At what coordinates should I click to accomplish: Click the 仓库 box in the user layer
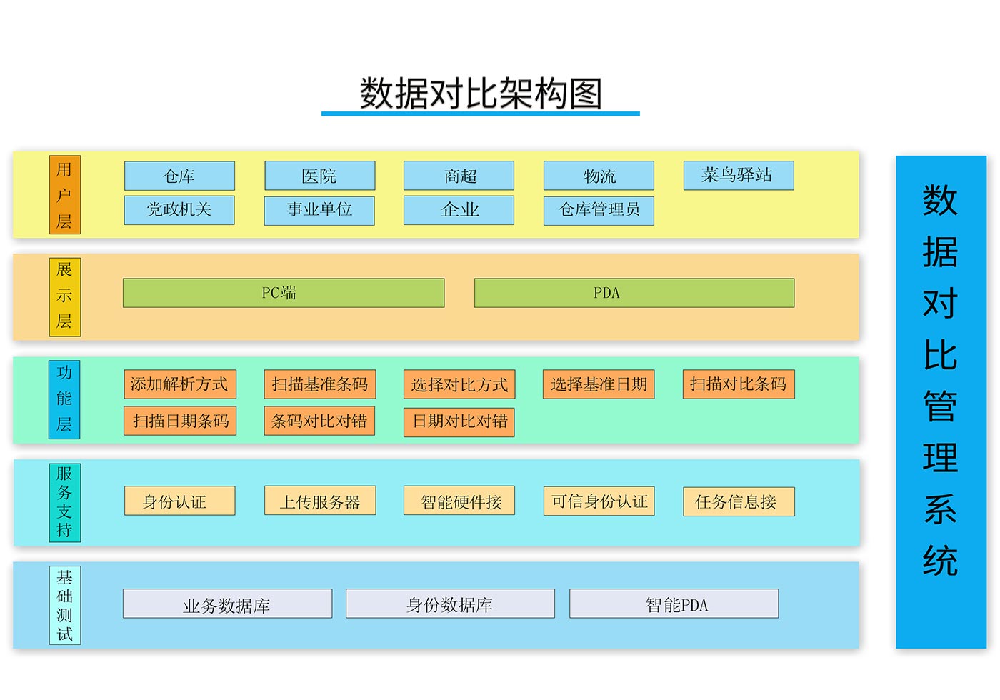(x=179, y=176)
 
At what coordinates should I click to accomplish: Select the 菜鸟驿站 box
(x=738, y=176)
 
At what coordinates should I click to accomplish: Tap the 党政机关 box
(x=179, y=210)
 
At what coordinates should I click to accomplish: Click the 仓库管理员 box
(x=599, y=210)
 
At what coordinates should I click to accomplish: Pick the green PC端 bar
(x=283, y=293)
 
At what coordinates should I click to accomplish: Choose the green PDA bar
(x=634, y=293)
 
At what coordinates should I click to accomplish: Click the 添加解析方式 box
(x=179, y=384)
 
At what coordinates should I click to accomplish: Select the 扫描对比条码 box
(x=738, y=384)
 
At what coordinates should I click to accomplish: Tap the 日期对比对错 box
(x=459, y=421)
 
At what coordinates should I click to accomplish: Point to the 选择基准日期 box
(x=599, y=384)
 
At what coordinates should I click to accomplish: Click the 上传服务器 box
(x=319, y=501)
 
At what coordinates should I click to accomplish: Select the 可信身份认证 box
(x=599, y=501)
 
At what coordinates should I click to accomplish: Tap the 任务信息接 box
(x=738, y=501)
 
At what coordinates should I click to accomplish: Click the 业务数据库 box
(x=227, y=604)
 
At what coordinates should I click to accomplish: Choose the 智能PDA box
(x=674, y=604)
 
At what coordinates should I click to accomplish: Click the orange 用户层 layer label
(x=64, y=195)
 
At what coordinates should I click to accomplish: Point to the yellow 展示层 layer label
(x=64, y=296)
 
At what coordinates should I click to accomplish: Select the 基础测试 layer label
(x=64, y=606)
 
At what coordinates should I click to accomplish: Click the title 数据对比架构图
(x=481, y=94)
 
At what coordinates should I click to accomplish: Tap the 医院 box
(x=319, y=176)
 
